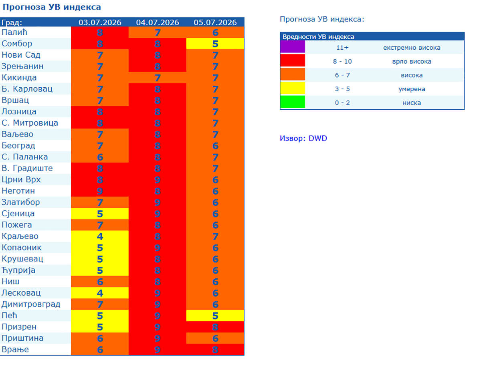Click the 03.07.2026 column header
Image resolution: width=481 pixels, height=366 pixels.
[x=100, y=22]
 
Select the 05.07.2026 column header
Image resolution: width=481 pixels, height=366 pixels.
[x=215, y=22]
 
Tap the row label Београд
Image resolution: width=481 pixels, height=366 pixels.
[x=18, y=145]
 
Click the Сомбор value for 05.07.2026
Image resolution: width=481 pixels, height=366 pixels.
[x=215, y=44]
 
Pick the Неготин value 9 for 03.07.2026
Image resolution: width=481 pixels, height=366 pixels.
[x=100, y=191]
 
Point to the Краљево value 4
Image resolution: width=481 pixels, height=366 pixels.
[x=100, y=236]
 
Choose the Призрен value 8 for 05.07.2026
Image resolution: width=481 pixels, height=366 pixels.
[x=215, y=327]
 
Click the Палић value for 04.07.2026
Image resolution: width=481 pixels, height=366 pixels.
[x=158, y=32]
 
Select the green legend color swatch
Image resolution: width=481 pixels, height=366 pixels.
[x=293, y=102]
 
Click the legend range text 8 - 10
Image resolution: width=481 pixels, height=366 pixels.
[x=342, y=61]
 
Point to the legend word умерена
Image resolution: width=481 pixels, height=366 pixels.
[x=412, y=89]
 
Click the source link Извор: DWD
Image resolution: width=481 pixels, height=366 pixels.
[x=303, y=138]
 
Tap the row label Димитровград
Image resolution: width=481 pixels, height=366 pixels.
[x=31, y=304]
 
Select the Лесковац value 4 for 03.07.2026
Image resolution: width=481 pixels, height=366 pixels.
[x=100, y=293]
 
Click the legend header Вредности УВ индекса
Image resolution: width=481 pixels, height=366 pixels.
[x=318, y=36]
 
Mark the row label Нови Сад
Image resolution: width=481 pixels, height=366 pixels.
[x=21, y=55]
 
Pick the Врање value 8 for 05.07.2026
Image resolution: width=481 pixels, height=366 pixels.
[x=215, y=350]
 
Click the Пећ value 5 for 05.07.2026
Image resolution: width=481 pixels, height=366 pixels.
[x=215, y=316]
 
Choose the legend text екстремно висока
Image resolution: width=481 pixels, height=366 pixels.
[x=412, y=48]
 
